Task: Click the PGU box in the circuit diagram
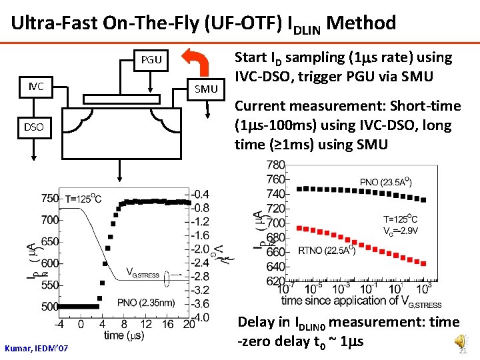[x=151, y=60]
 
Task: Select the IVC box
[x=36, y=86]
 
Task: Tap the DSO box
[x=35, y=127]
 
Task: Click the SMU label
[x=207, y=89]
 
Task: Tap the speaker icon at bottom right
[x=461, y=342]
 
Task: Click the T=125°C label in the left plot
[x=83, y=198]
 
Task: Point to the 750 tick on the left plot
[x=49, y=198]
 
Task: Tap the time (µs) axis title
[x=123, y=336]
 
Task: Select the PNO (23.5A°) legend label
[x=385, y=182]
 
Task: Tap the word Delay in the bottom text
[x=255, y=322]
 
